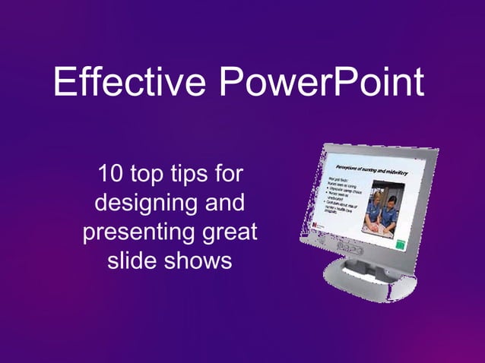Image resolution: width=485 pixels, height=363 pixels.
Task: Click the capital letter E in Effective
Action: point(65,83)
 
